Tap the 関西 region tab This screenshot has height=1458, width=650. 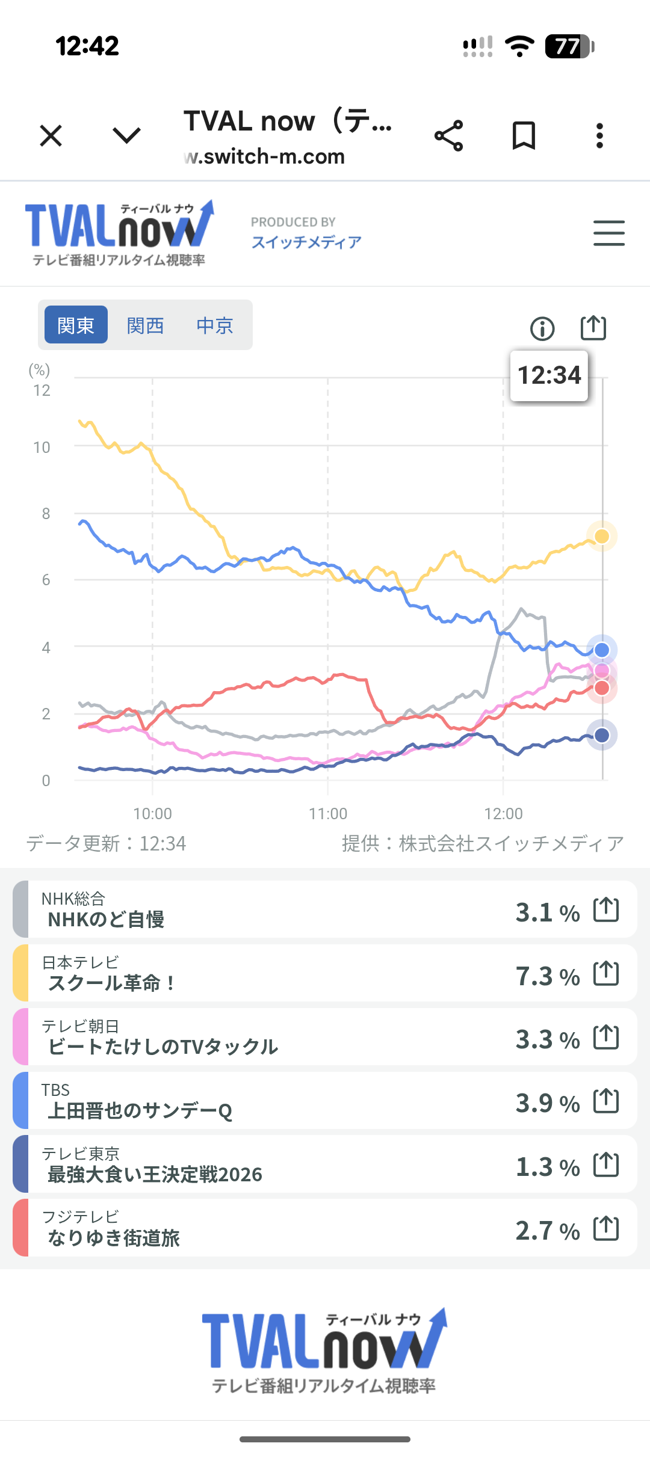click(145, 325)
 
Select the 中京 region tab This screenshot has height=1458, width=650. click(215, 325)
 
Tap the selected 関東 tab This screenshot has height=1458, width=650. click(76, 325)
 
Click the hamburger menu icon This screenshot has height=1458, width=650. click(608, 233)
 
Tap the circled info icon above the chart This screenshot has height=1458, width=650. click(542, 328)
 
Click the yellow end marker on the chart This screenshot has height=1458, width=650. click(601, 536)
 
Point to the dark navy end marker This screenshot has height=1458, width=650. click(601, 734)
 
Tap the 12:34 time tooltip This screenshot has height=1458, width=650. click(549, 375)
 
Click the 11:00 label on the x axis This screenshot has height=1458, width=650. click(328, 814)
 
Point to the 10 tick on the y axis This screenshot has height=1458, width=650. click(42, 448)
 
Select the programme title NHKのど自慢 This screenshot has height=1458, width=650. click(106, 919)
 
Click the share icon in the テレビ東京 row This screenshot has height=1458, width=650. click(606, 1164)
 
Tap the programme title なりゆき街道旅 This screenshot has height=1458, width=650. click(114, 1238)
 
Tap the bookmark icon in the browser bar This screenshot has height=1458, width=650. click(524, 135)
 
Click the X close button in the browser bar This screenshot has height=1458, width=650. click(51, 135)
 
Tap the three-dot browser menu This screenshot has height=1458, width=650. click(599, 135)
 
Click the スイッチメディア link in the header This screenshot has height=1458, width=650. click(306, 242)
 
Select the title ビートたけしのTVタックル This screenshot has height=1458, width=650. click(162, 1047)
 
